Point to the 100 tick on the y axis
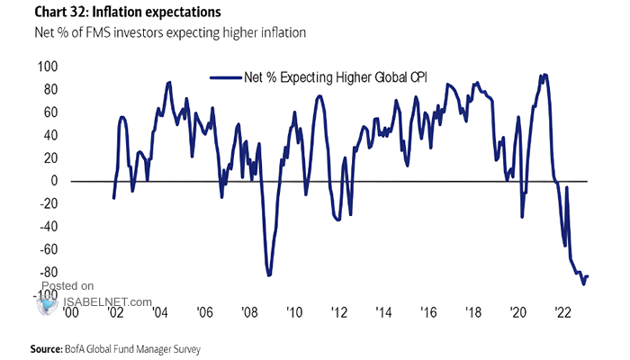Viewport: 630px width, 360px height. point(48,67)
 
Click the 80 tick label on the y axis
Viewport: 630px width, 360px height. point(50,90)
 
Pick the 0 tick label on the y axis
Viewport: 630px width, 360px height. point(55,181)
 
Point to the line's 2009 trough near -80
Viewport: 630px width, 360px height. point(269,274)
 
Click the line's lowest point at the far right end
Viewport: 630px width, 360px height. point(583,283)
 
